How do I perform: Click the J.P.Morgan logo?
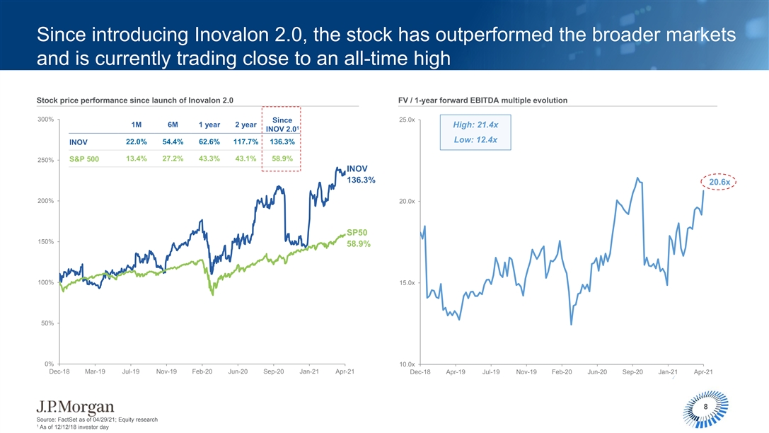point(76,407)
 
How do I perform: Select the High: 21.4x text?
point(474,125)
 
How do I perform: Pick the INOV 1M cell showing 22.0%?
point(136,142)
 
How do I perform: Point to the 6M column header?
point(173,125)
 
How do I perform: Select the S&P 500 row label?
point(84,158)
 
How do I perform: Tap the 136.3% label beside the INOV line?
point(361,180)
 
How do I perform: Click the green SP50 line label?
point(357,232)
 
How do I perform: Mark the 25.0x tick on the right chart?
point(407,120)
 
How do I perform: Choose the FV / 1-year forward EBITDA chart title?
point(483,100)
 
